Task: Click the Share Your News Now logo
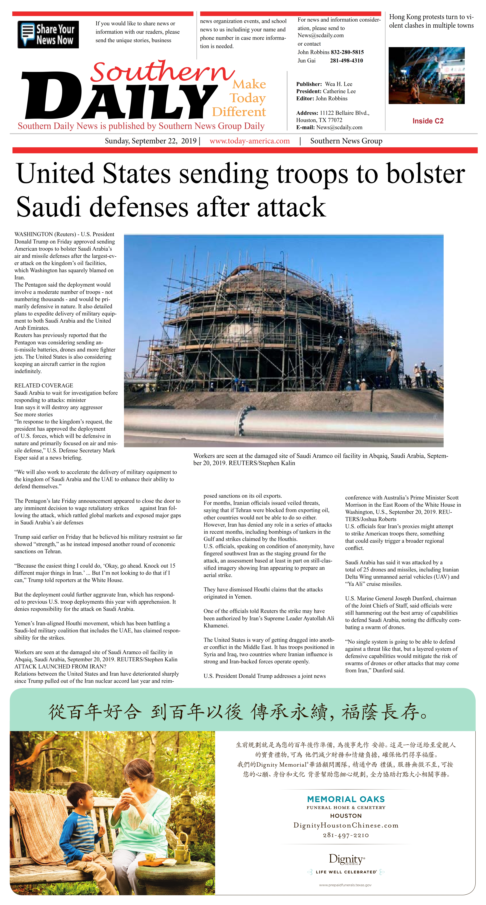pos(48,34)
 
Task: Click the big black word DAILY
pos(119,97)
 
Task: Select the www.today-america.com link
pos(250,141)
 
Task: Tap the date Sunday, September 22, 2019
pos(151,141)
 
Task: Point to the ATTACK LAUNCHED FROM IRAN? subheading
pos(60,667)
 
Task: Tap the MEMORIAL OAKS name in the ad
pos(346,799)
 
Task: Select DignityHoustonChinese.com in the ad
pos(346,825)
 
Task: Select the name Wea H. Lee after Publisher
pos(339,84)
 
